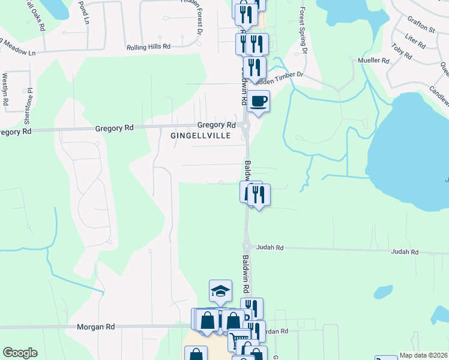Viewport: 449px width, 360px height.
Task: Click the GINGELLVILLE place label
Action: coord(200,136)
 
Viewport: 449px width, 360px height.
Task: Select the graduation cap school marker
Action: coord(220,291)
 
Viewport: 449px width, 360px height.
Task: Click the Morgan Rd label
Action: coord(95,327)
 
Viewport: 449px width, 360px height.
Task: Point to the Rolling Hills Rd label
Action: coord(148,47)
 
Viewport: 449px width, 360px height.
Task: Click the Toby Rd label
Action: coord(401,52)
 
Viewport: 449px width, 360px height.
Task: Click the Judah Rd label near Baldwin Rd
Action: coord(270,247)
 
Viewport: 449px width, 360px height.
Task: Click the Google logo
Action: coord(20,353)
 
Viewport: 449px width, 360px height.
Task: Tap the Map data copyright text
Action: coord(424,355)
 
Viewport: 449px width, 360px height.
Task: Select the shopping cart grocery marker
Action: coord(238,340)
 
